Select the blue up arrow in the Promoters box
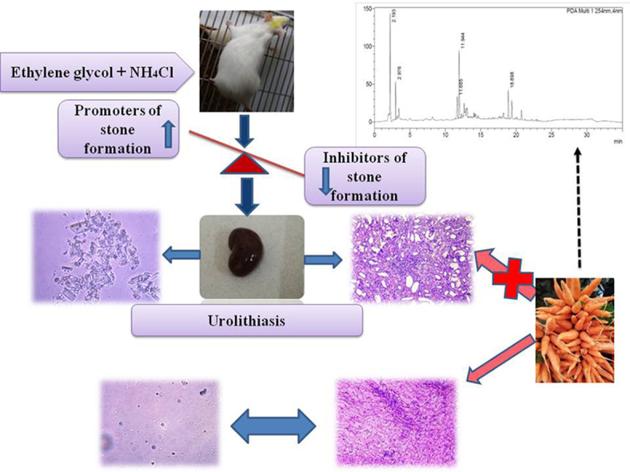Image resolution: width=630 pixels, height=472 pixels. click(169, 135)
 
